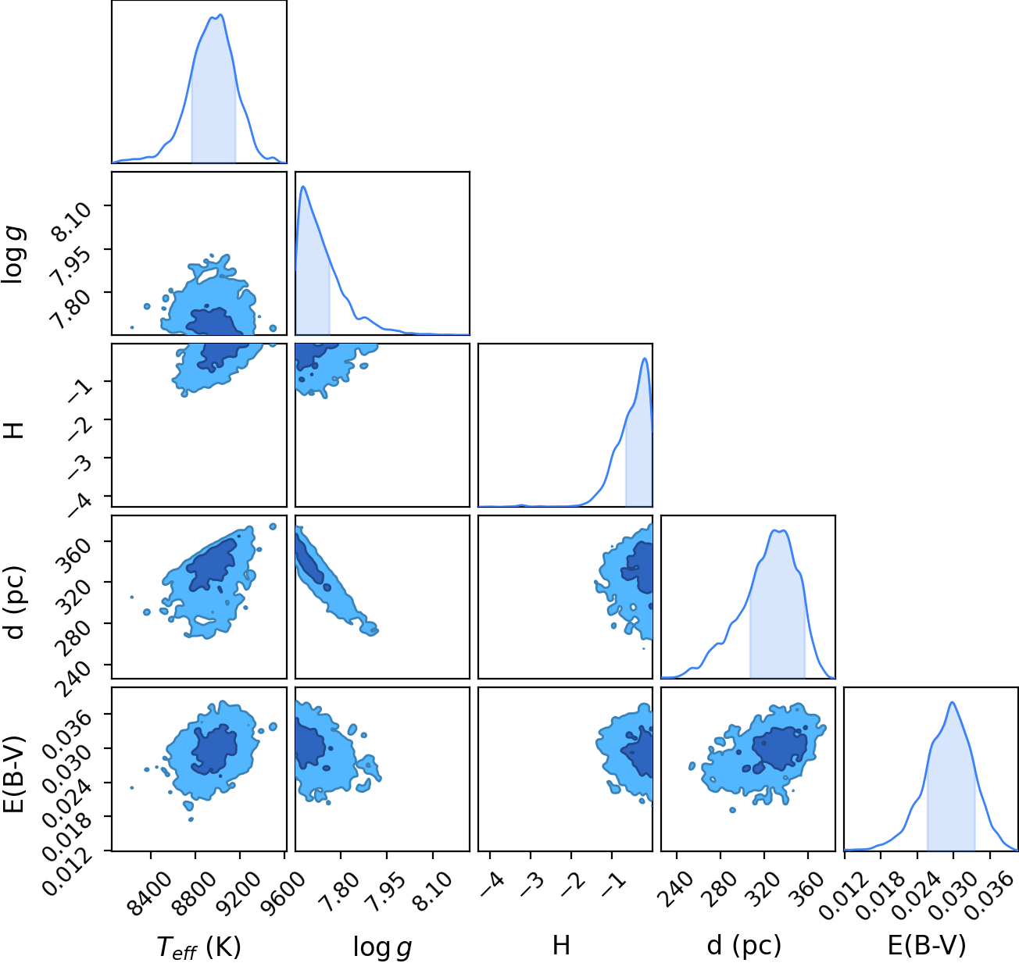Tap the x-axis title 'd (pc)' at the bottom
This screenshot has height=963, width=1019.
[744, 946]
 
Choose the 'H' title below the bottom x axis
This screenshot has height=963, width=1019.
[561, 945]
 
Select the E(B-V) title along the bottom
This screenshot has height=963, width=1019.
[928, 946]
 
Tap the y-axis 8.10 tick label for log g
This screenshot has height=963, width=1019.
[71, 222]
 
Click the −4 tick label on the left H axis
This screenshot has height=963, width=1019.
[80, 505]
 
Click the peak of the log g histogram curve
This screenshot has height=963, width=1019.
[303, 187]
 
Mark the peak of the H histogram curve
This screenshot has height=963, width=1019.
[644, 358]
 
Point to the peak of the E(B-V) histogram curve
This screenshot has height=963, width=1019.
[952, 702]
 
